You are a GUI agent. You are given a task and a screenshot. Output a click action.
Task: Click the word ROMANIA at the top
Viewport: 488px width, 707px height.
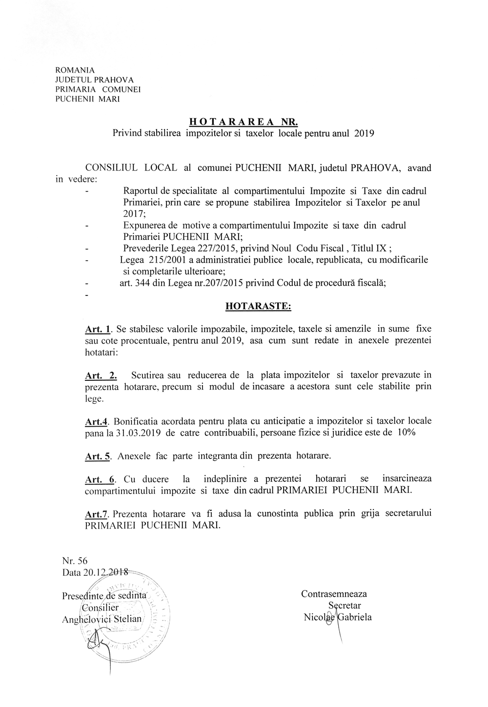pos(75,70)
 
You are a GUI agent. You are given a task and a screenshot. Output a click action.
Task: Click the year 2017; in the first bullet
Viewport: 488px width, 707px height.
pos(131,213)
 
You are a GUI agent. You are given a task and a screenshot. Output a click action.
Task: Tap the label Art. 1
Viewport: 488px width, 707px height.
pos(99,330)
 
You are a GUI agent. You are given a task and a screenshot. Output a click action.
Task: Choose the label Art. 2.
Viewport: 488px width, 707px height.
pos(101,375)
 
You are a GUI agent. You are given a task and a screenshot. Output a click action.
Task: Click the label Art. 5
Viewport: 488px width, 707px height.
pos(98,457)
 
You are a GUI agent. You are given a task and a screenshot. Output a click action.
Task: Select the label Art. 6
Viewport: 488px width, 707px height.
pos(100,480)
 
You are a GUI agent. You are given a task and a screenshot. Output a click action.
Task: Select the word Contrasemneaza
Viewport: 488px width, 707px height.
pos(334,594)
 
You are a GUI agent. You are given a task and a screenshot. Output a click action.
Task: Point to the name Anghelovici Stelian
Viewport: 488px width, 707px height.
pos(102,619)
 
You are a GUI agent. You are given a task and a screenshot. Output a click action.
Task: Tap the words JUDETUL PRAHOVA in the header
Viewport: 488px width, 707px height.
pos(95,80)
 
